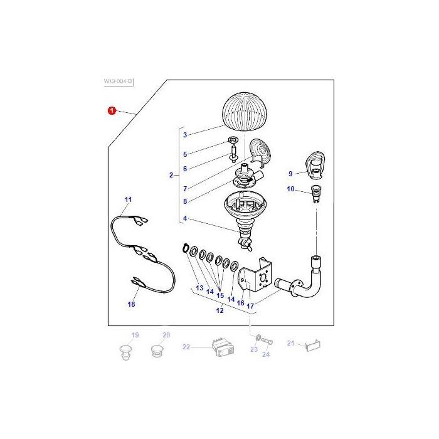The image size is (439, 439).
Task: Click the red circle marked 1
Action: (112, 110)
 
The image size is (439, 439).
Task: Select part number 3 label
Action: (185, 135)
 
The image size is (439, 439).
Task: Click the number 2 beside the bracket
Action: (171, 175)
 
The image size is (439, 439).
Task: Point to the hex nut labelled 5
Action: (233, 139)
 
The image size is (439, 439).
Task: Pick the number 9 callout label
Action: (290, 174)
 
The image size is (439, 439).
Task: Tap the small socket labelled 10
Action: (315, 194)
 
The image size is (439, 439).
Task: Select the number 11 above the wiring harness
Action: (128, 199)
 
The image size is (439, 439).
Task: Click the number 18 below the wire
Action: (131, 304)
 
